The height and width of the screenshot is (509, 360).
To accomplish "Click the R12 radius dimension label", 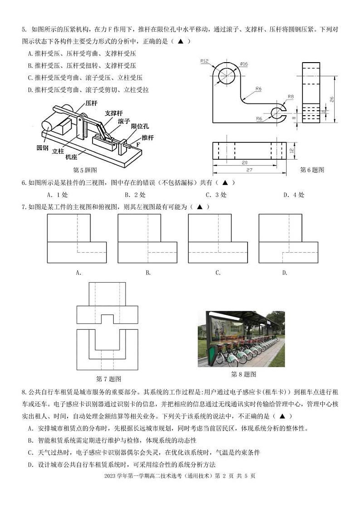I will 205,61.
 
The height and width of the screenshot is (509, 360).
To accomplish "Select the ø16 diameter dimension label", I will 244,64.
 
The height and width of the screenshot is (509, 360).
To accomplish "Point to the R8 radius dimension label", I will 291,97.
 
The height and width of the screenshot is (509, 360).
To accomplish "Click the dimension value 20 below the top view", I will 245,162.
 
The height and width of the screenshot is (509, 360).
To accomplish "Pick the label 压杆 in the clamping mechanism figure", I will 92,103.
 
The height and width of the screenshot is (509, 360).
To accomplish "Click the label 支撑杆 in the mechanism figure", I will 114,113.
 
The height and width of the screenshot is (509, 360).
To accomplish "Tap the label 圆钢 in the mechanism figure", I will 43,148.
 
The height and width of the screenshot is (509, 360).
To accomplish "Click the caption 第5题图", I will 85,170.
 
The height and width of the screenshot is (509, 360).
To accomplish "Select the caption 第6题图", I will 312,170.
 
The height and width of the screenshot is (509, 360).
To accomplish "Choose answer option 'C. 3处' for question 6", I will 216,195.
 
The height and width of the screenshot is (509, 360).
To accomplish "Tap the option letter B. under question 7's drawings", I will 148,273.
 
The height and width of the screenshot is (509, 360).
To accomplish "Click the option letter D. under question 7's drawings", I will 285,273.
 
